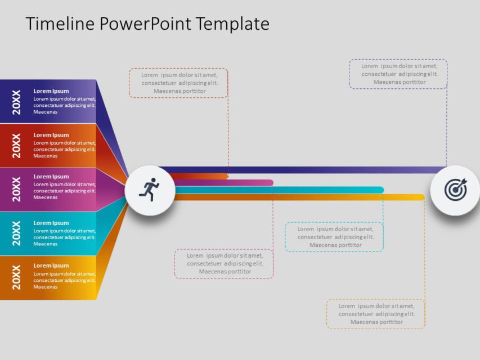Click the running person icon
coord(149,190)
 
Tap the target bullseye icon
coord(455,190)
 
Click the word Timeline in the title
coord(60,24)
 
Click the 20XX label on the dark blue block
coord(16,102)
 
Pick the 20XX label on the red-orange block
coord(16,146)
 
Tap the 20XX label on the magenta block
coord(16,190)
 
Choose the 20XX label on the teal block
coord(16,233)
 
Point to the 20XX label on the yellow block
coord(16,277)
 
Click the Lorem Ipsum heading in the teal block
coord(51,223)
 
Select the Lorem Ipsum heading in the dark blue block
coord(51,91)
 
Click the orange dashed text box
coord(178,83)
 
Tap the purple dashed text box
coord(398,74)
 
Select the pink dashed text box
coord(225,264)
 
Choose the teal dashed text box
coord(334,237)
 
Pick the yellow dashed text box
coord(376,314)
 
